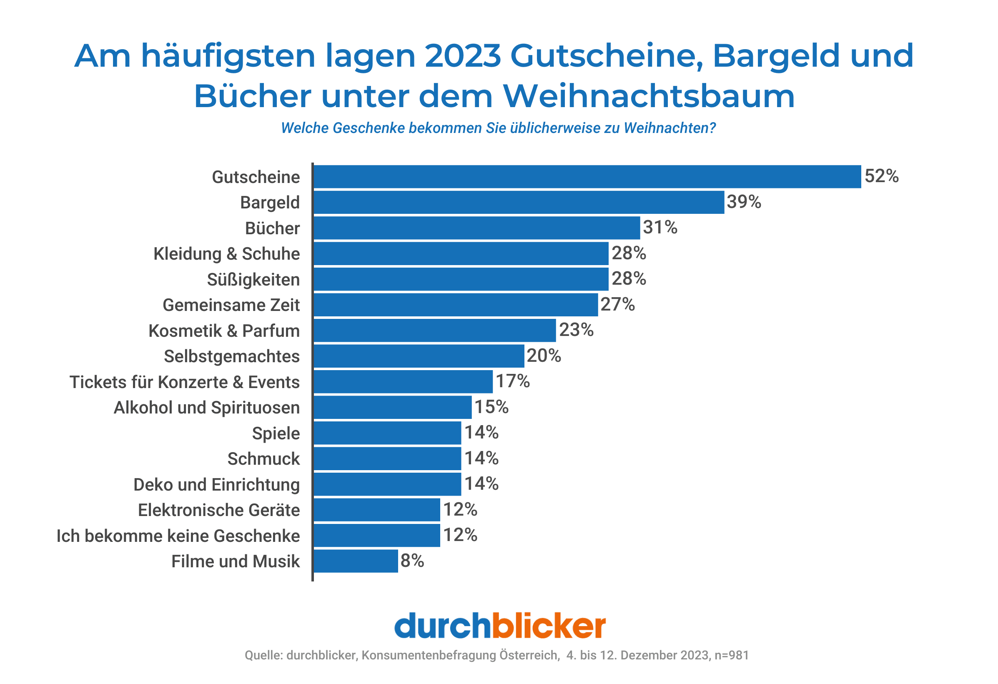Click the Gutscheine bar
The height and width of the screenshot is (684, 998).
pos(587,176)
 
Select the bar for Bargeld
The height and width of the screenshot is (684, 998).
pos(519,202)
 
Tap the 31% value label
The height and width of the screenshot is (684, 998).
pos(659,227)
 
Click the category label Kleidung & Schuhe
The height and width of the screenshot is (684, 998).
pos(226,254)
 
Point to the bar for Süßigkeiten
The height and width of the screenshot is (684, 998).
pos(461,279)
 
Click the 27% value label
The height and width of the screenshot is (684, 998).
pos(617,304)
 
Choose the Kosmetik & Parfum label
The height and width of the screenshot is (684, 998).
pos(224,331)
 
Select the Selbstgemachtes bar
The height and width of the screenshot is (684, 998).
pos(419,356)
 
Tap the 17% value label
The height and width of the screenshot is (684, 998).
pos(512,381)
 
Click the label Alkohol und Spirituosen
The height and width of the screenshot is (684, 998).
pos(206,408)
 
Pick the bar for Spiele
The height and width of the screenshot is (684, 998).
pos(387,433)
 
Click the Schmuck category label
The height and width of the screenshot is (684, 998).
pos(263,459)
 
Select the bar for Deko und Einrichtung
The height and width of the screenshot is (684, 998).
pos(387,484)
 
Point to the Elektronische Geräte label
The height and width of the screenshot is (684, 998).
pos(218,510)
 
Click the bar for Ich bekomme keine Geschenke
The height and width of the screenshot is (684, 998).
pos(376,536)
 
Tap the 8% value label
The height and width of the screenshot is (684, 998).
pos(412,561)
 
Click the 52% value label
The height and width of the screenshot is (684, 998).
pos(881,176)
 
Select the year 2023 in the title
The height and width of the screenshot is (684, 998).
pos(462,56)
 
